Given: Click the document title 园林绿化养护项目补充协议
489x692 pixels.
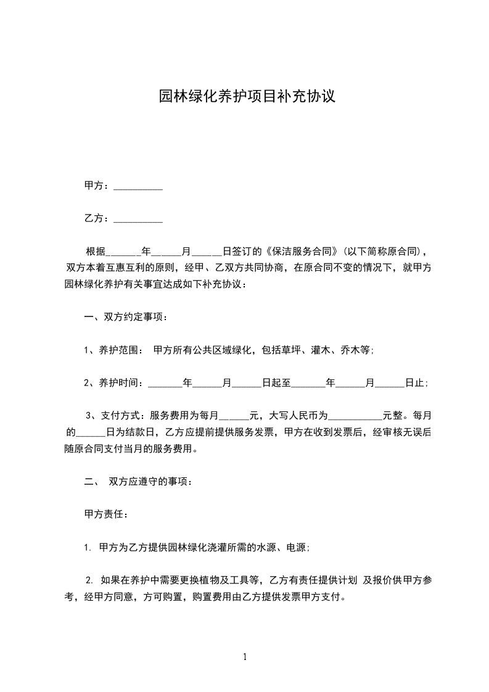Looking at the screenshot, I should click(247, 97).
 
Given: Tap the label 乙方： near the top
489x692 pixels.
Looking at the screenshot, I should click(96, 218).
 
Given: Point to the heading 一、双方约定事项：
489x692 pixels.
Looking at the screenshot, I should click(126, 318).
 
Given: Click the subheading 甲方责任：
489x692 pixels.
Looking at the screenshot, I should click(105, 514).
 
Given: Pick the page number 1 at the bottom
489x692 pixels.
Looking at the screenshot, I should click(245, 657).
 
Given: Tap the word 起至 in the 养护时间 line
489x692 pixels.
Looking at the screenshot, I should click(276, 383).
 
